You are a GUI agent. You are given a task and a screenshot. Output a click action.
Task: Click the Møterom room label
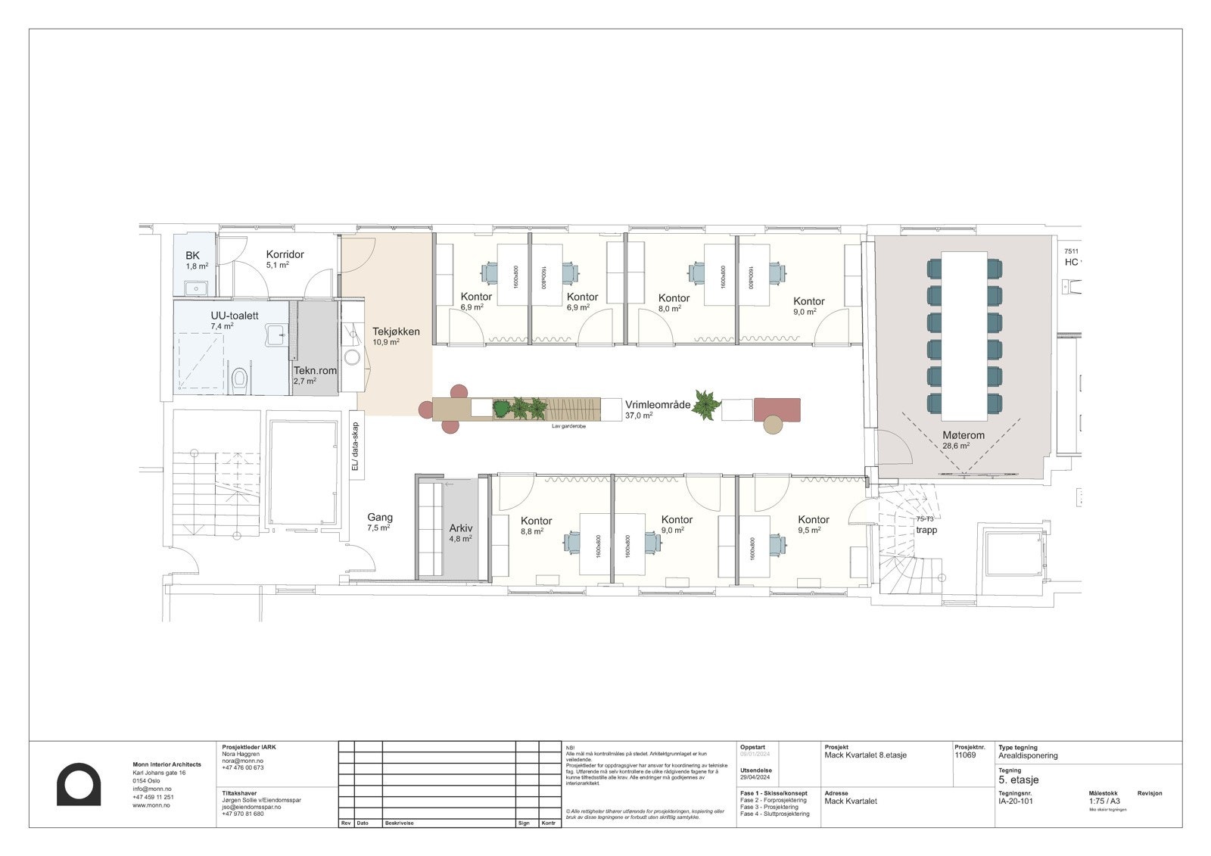coord(963,435)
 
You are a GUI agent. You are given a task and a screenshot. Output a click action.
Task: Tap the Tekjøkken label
coord(395,332)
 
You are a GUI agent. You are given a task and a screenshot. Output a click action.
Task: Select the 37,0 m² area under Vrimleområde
coord(638,416)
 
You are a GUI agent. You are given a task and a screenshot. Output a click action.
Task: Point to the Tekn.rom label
coord(315,371)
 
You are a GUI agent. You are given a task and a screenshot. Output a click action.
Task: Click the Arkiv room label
coord(460,528)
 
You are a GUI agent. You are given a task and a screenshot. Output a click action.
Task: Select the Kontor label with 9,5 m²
coord(813,520)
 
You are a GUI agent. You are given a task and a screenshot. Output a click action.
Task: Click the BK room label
coord(192,256)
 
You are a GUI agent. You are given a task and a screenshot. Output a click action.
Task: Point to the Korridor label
coord(285,254)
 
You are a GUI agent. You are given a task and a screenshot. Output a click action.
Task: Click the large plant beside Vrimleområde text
coord(706,405)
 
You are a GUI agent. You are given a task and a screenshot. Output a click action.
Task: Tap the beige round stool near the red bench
coord(772,425)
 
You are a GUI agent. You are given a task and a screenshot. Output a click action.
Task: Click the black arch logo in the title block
coord(79,785)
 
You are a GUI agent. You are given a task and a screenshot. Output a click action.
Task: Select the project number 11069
coord(965,755)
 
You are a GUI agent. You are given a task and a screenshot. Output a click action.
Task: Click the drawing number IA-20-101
coord(1015,801)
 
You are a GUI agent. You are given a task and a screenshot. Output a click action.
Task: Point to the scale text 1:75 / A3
coord(1104,801)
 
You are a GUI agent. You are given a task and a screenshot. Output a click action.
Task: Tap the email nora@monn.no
coord(240,761)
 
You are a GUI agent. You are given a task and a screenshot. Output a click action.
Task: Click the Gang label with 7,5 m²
coord(380,518)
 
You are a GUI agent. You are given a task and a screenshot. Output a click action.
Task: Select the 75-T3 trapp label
coord(926,525)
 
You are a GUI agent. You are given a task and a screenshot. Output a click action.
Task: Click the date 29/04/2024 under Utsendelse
coord(755,778)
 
